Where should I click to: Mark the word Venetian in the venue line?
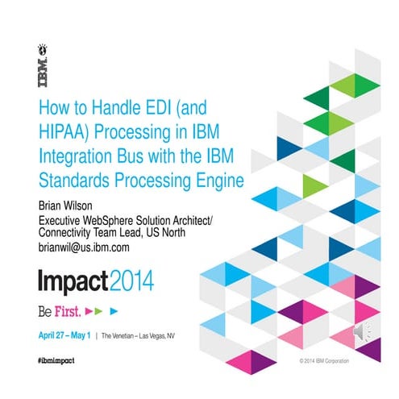point(133,332)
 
